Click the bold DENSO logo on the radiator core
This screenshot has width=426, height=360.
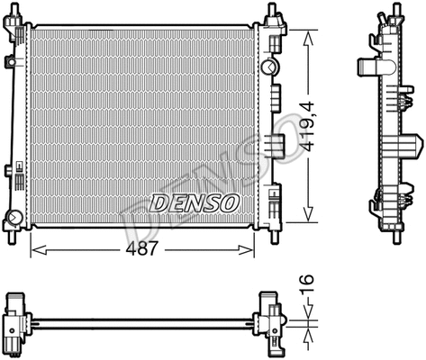195,202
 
